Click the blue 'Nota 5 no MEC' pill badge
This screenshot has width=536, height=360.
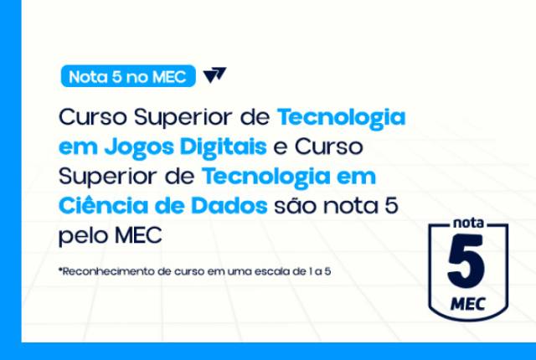tap(128, 76)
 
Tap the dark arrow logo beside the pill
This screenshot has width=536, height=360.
tap(214, 75)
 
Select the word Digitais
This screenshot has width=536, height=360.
tap(224, 147)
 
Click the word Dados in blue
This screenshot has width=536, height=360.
tap(229, 206)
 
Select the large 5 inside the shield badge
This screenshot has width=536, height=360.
tap(466, 261)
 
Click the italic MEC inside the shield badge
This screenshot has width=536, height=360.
tap(468, 304)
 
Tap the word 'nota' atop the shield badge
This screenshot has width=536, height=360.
tap(469, 223)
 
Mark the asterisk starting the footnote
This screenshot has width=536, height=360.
tap(60, 270)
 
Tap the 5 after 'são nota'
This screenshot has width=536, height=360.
tap(391, 205)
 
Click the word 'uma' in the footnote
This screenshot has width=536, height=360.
tap(240, 272)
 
